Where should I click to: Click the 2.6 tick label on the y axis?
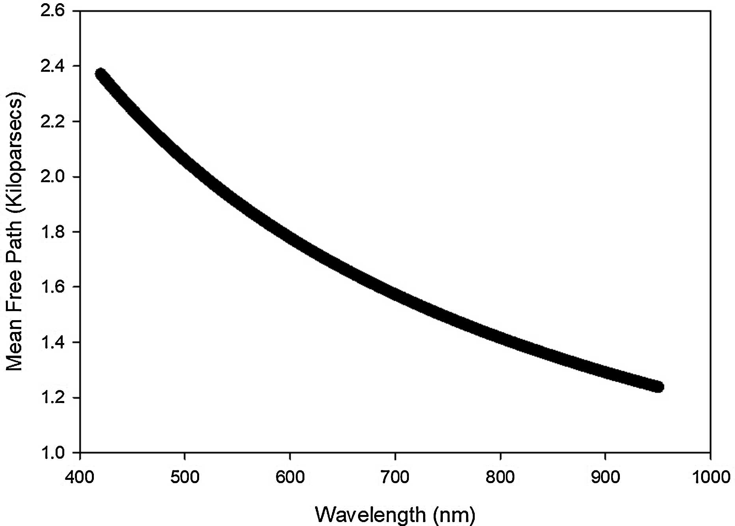[52, 11]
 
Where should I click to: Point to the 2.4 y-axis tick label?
[52, 66]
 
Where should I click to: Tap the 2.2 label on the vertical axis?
[52, 121]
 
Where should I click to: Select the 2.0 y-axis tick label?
[52, 176]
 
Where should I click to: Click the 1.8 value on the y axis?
[52, 231]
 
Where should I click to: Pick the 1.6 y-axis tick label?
[52, 287]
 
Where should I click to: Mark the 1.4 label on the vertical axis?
[52, 342]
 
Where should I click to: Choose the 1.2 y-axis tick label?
[52, 397]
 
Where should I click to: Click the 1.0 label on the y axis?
[52, 452]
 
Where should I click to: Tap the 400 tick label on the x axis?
[80, 477]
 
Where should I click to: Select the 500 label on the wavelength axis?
[185, 477]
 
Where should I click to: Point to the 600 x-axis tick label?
[290, 477]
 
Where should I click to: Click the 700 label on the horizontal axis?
[395, 477]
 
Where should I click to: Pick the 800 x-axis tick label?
[500, 477]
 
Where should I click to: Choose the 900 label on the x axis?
[605, 477]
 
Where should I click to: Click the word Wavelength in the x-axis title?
[370, 515]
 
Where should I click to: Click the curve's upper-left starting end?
[101, 74]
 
